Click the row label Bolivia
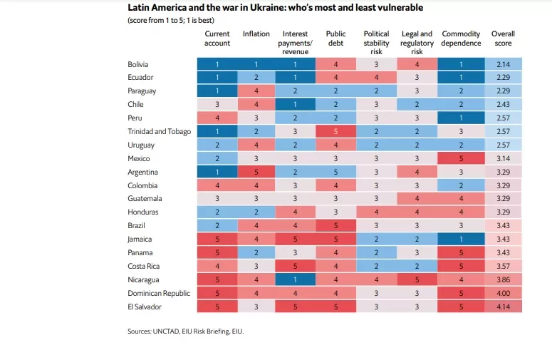click(x=138, y=64)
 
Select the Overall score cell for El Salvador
click(x=504, y=307)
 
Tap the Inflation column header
click(x=256, y=34)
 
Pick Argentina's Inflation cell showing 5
click(x=256, y=172)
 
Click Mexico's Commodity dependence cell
click(x=461, y=158)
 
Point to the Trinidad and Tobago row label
click(x=159, y=131)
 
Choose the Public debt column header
click(x=335, y=38)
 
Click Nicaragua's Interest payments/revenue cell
click(x=295, y=279)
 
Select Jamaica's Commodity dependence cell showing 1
click(x=461, y=240)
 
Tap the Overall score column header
click(x=503, y=38)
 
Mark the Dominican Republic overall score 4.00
click(x=504, y=293)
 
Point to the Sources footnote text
click(x=185, y=331)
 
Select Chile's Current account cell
click(x=217, y=104)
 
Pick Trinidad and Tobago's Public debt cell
click(x=336, y=131)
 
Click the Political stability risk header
click(x=376, y=43)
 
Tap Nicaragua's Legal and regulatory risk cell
click(x=417, y=279)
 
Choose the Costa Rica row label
click(x=144, y=267)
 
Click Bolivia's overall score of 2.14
click(x=504, y=64)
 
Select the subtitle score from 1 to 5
click(x=171, y=20)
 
